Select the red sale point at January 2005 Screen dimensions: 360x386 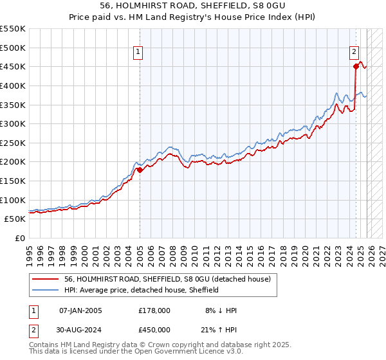[140, 170]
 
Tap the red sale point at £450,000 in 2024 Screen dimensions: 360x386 [356, 66]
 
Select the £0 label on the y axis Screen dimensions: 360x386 [19, 238]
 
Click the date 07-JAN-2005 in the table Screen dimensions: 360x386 [80, 310]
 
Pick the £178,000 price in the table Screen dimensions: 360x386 [154, 310]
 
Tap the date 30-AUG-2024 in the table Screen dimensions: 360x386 [80, 330]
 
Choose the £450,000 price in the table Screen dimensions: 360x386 [154, 330]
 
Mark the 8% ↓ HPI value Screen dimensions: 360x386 [221, 310]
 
